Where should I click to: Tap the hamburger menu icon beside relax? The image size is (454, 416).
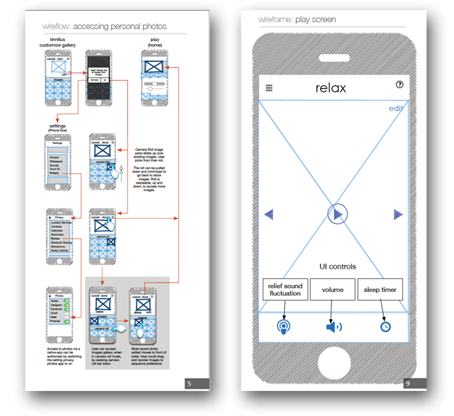click(269, 88)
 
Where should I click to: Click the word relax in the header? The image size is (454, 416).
click(330, 88)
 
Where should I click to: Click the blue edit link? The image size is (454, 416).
click(395, 108)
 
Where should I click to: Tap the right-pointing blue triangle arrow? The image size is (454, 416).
click(397, 215)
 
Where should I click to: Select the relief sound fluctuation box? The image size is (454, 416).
click(285, 290)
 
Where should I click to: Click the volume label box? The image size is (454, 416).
click(333, 290)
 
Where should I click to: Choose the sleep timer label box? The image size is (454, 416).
click(380, 290)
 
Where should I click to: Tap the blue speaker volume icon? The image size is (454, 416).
click(334, 327)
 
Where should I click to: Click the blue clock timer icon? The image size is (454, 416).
click(385, 326)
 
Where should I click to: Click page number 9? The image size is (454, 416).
click(408, 382)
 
